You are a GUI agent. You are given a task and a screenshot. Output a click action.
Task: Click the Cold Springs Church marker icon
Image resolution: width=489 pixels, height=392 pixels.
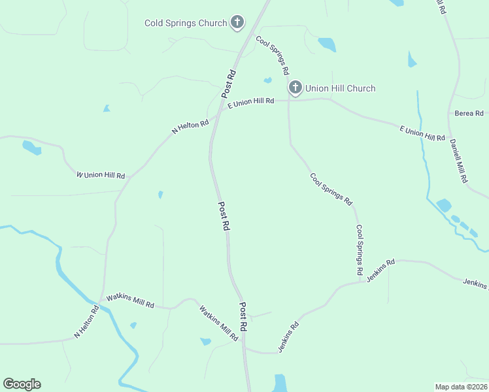(x=237, y=23)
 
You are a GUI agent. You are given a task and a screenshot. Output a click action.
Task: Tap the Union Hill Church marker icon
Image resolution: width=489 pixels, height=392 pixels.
(x=295, y=88)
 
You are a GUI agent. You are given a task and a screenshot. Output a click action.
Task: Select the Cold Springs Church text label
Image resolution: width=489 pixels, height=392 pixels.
(x=186, y=24)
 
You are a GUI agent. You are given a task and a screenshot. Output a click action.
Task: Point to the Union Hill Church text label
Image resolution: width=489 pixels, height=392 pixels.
(x=340, y=88)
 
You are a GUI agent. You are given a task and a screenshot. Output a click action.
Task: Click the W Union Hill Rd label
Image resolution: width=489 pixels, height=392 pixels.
(x=101, y=175)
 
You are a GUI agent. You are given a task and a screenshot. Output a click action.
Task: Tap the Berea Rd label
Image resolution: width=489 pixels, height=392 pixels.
(x=469, y=113)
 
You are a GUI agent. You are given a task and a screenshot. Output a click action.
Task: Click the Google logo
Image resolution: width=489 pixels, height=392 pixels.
(x=22, y=384)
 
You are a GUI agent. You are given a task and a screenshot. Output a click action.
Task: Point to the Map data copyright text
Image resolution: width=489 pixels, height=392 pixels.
(x=460, y=386)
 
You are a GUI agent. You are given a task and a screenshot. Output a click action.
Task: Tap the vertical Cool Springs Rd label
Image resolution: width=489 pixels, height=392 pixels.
(x=360, y=249)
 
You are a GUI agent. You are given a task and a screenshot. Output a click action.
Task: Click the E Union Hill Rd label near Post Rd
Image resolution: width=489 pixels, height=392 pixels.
(x=250, y=103)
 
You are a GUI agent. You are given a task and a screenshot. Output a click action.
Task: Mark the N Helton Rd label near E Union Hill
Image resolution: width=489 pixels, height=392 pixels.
(x=190, y=125)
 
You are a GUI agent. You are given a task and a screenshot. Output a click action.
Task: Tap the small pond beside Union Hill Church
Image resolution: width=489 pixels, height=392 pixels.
(x=267, y=80)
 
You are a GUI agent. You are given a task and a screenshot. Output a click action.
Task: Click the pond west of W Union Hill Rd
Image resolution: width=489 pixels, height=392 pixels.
(x=32, y=148)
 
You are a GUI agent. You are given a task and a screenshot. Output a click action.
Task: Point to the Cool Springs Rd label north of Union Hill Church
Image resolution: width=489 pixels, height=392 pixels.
(x=273, y=54)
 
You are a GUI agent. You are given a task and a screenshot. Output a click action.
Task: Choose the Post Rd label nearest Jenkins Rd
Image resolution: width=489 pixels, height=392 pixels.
(x=243, y=316)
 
